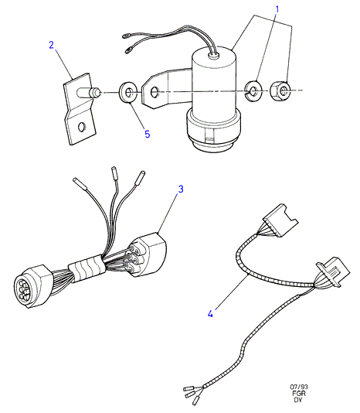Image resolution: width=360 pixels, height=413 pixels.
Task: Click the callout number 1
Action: (x=277, y=9)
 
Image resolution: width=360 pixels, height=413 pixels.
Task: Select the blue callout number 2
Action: (x=52, y=45)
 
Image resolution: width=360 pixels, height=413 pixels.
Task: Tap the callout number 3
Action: (x=181, y=189)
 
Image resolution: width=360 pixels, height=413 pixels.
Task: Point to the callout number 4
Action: (x=210, y=314)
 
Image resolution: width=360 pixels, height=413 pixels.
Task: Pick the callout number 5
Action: (x=148, y=134)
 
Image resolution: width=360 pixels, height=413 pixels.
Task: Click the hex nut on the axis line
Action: (x=280, y=90)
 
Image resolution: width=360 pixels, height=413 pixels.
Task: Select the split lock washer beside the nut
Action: (x=253, y=91)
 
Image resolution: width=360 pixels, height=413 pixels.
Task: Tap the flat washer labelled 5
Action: (x=127, y=93)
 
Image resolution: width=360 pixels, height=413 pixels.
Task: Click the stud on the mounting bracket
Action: (x=88, y=93)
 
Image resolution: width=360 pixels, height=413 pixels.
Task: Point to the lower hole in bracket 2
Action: (x=82, y=127)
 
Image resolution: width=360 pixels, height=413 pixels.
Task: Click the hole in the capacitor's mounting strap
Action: (x=154, y=93)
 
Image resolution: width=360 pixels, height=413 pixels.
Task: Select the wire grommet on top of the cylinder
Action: (x=213, y=54)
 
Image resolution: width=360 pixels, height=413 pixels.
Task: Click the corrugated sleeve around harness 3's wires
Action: (x=87, y=268)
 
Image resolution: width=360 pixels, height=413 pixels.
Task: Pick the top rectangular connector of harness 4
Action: (x=280, y=220)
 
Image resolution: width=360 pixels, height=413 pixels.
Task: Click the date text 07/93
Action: (x=299, y=387)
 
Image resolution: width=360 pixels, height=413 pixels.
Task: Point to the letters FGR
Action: (x=299, y=394)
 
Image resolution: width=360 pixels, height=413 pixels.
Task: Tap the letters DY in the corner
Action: (x=298, y=400)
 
